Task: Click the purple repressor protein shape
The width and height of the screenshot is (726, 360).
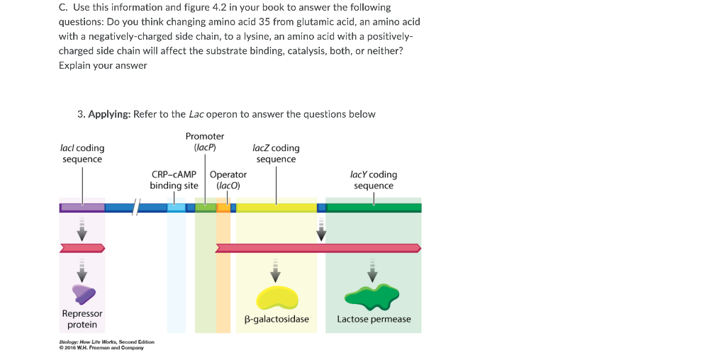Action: coord(82,293)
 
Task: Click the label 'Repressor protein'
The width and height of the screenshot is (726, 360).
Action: coord(82,319)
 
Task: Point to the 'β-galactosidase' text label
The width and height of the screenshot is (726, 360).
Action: coord(277,320)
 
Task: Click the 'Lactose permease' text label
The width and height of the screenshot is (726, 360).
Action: coord(374,320)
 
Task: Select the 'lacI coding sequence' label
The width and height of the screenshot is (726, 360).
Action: coord(82,154)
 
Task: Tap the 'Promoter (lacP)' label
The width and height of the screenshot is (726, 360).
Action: coord(205,142)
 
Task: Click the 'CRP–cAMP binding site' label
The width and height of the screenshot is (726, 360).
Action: coord(174,180)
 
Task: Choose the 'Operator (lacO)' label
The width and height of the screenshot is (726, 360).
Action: coord(228,180)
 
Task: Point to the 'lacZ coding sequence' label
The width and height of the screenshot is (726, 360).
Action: coord(276,154)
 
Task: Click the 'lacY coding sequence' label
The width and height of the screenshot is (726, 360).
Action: coord(374,180)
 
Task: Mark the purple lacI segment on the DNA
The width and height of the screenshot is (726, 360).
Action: coord(82,208)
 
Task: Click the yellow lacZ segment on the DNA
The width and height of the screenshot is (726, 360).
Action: coord(277,208)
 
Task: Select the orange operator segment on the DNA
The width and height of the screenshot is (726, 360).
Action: coord(223,208)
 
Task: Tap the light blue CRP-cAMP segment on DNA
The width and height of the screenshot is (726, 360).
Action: coord(177,208)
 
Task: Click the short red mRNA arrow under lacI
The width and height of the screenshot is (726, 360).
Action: coord(82,248)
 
